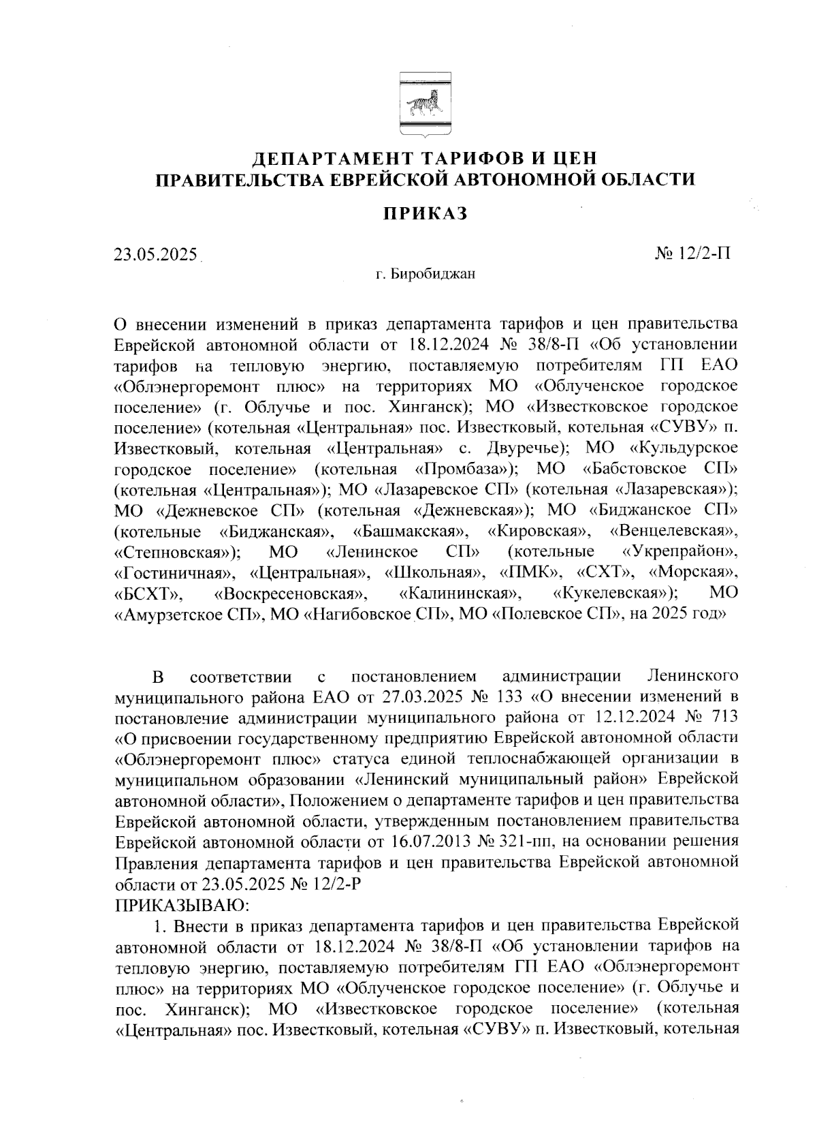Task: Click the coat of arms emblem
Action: tap(424, 105)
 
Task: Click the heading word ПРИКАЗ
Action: tap(424, 213)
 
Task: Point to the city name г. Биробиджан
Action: tap(425, 275)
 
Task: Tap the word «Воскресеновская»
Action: tap(292, 593)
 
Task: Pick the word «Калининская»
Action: tap(461, 593)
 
